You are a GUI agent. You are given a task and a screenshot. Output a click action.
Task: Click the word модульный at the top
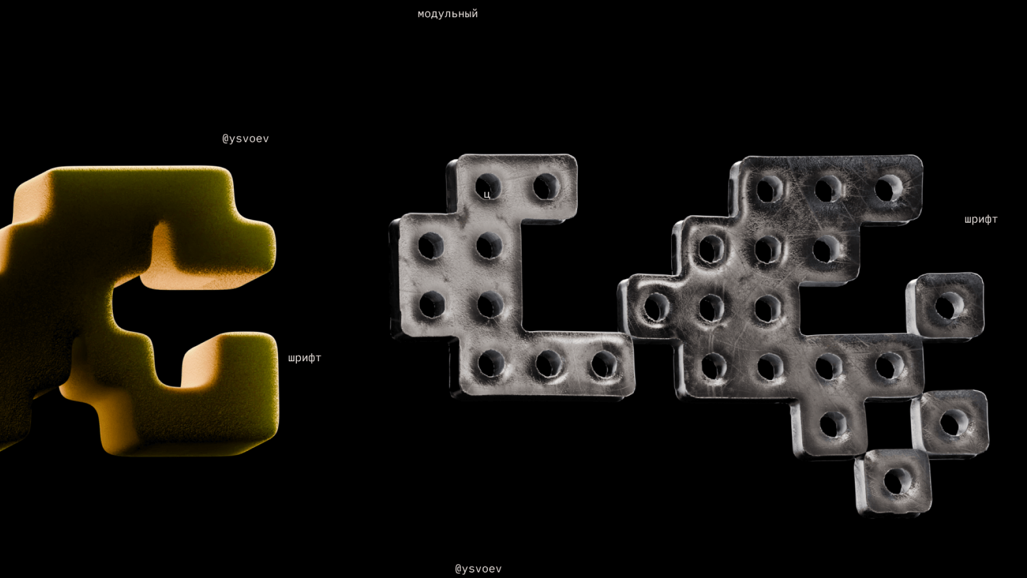pos(448,14)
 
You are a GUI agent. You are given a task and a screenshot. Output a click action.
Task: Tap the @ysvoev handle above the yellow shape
pos(246,139)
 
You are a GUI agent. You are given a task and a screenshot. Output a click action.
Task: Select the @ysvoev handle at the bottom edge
pos(478,569)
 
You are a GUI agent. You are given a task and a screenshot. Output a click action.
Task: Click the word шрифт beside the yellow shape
pos(304,358)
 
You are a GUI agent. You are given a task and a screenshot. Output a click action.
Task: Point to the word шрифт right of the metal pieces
pos(981,219)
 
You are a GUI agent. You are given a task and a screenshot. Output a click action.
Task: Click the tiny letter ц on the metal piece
pos(487,195)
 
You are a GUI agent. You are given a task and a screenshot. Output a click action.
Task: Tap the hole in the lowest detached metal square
pos(897,482)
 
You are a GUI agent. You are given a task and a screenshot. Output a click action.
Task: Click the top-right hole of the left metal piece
pos(546,187)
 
